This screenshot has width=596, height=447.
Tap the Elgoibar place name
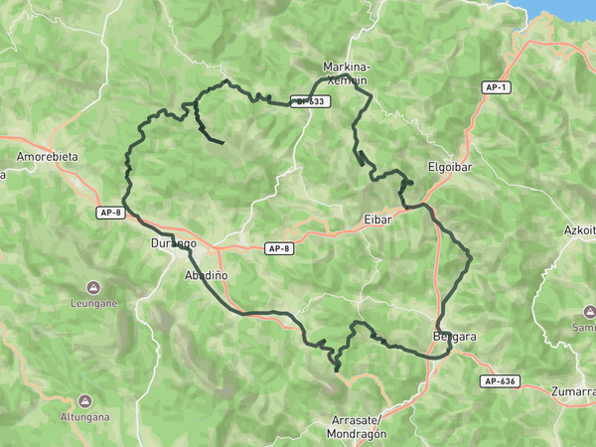point(447,167)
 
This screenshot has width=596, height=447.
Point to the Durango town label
point(173,242)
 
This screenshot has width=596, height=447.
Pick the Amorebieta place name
point(48,157)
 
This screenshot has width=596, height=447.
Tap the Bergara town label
point(455,336)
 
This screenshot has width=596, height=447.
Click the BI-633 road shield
point(309,101)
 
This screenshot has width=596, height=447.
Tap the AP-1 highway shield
point(497,87)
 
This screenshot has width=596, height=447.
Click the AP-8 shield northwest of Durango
point(110,213)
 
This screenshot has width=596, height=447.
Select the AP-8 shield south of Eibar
point(279,248)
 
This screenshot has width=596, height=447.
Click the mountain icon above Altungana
point(84,400)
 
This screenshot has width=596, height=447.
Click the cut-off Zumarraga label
point(574,391)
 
